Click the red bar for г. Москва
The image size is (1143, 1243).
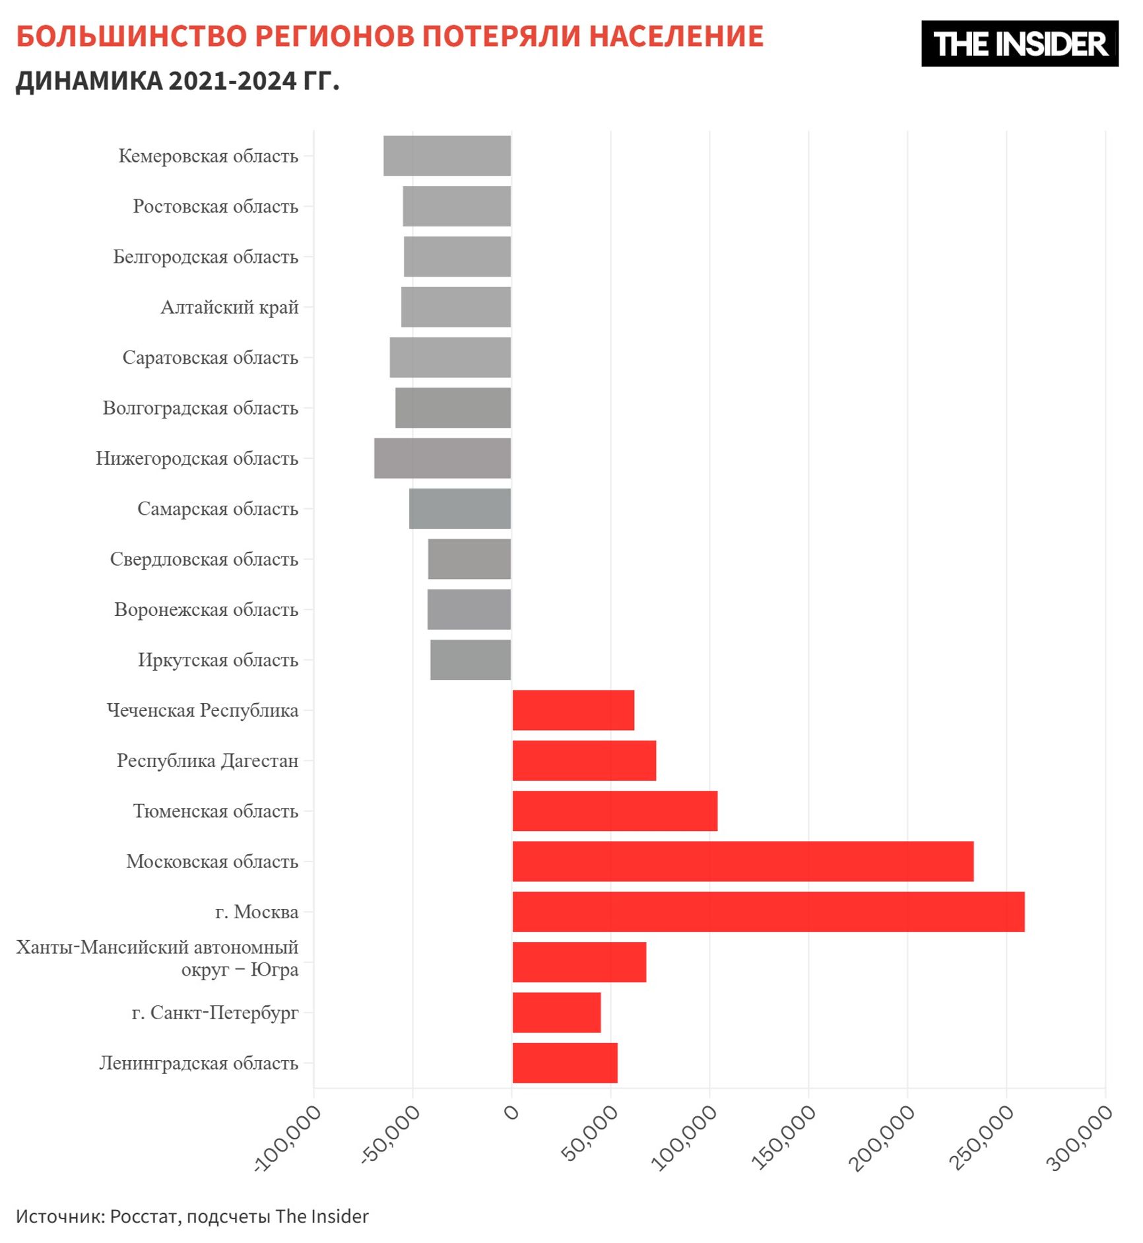tap(768, 912)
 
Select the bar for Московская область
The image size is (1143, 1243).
tap(742, 861)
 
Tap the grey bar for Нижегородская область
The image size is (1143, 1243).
tap(442, 458)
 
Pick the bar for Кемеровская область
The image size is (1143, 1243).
tap(447, 156)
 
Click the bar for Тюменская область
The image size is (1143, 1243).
tap(614, 811)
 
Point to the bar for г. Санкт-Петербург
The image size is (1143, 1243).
tap(556, 1013)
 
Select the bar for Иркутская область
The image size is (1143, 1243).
tap(471, 659)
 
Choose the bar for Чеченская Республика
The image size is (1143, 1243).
tap(573, 710)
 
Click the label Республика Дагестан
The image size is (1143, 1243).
tap(207, 760)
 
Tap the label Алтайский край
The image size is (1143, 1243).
tap(230, 307)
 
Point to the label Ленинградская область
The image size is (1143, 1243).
tap(199, 1063)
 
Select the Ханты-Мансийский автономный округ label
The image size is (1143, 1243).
tap(158, 958)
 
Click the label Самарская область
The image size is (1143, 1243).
tap(218, 509)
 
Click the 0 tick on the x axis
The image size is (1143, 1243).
tap(511, 1113)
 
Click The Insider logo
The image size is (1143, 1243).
tap(1019, 44)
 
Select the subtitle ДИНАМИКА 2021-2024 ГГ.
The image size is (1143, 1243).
tap(178, 81)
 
